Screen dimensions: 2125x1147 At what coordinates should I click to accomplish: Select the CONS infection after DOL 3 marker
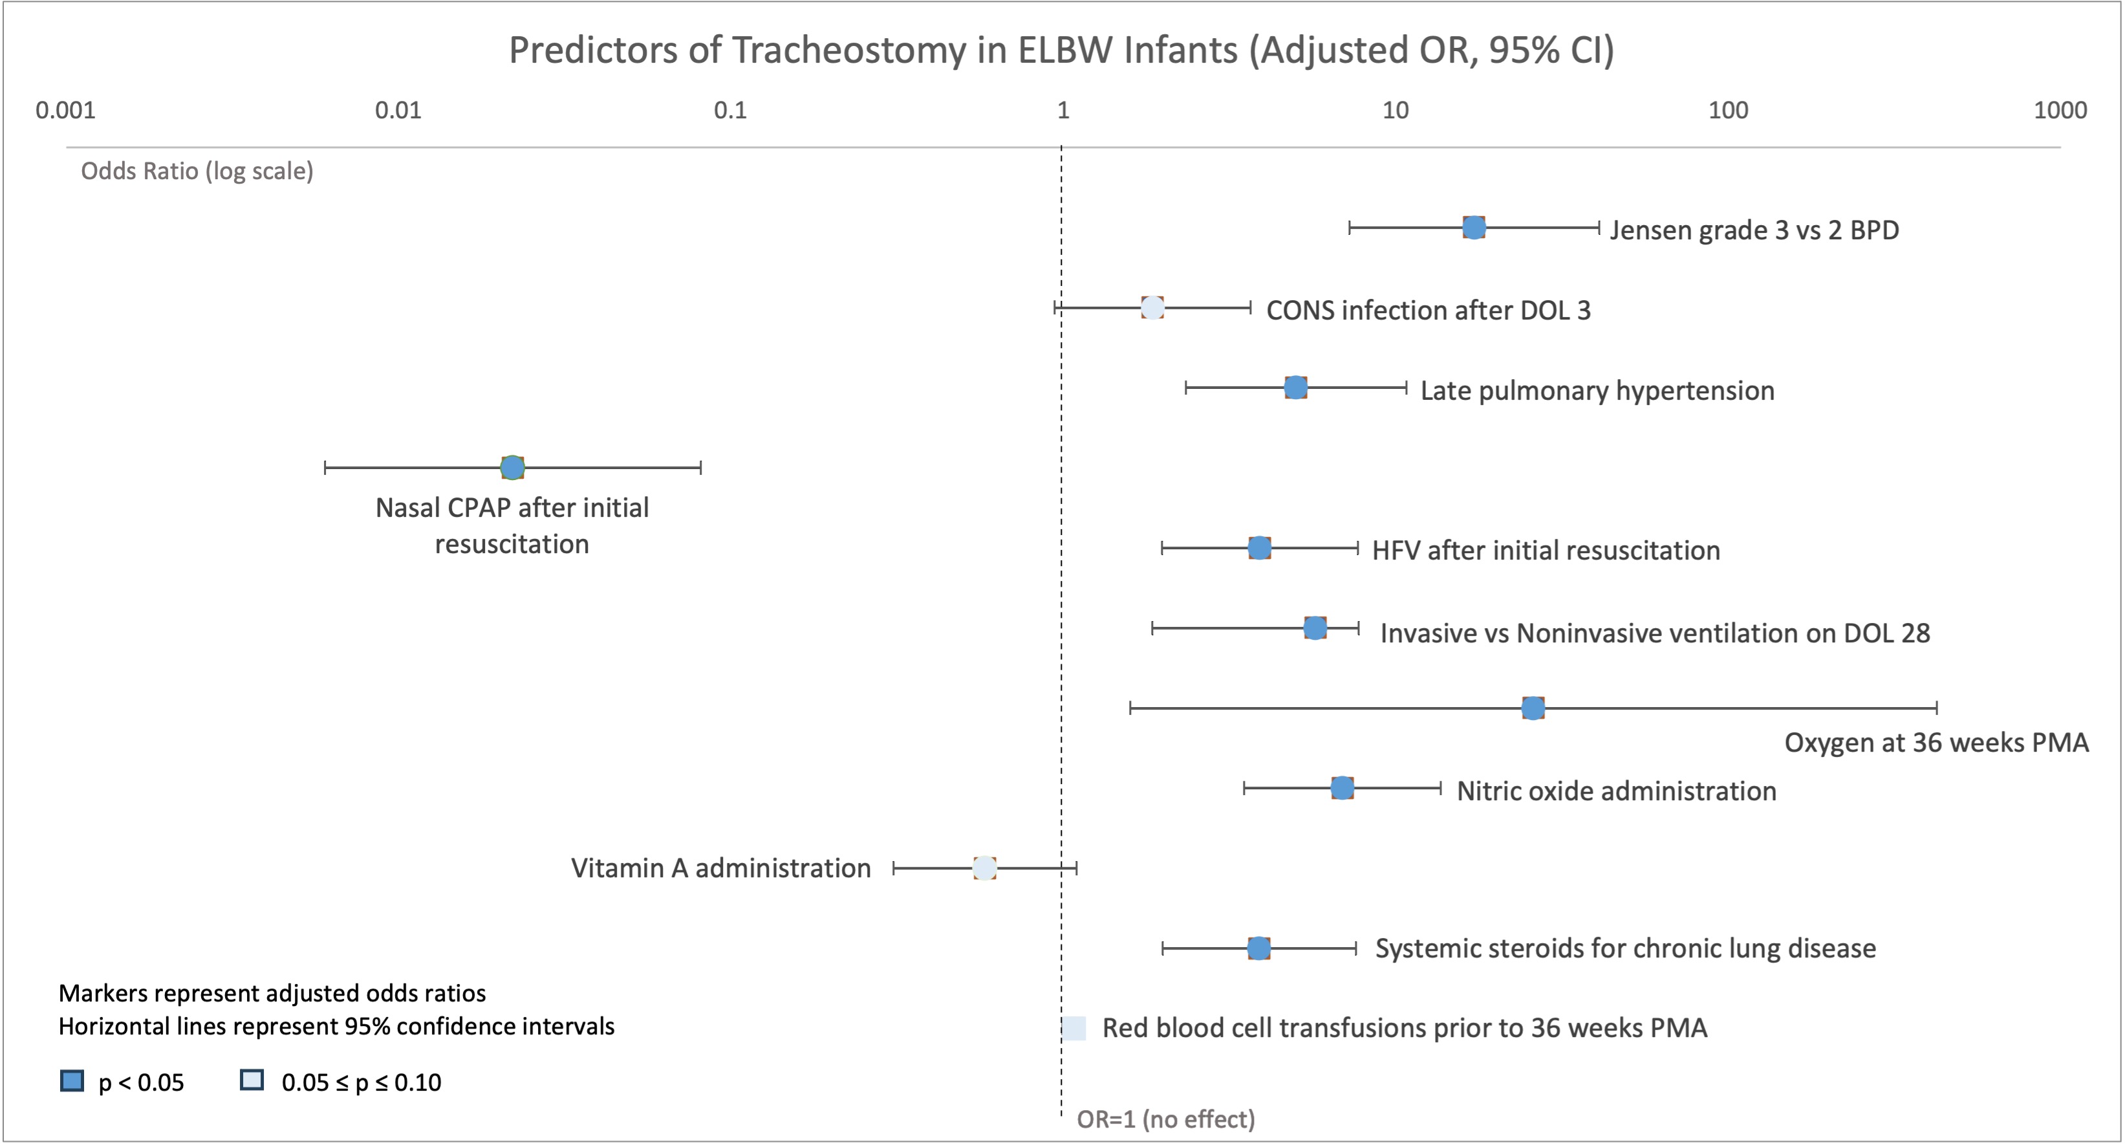point(1152,308)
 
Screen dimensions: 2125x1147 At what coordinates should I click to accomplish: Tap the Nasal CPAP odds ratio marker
point(512,468)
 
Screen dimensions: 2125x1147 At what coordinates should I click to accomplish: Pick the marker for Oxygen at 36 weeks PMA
point(1533,708)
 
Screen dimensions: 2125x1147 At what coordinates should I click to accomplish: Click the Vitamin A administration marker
point(984,868)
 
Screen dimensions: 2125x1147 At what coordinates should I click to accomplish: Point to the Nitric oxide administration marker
point(1342,788)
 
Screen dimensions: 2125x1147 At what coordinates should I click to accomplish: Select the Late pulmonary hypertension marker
point(1296,388)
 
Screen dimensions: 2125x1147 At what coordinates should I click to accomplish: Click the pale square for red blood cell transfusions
point(1074,1028)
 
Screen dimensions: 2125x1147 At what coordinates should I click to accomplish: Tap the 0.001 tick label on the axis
point(65,110)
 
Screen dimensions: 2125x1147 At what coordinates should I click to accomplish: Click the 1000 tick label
point(2060,110)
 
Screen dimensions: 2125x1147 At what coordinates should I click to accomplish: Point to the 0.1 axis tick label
point(730,110)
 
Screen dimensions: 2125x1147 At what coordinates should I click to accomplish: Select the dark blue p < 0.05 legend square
point(72,1081)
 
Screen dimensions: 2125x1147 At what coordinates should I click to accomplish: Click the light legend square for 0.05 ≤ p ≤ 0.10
point(252,1081)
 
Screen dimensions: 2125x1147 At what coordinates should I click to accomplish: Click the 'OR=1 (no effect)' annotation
point(1165,1120)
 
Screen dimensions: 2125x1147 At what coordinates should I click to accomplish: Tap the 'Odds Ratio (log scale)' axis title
point(197,171)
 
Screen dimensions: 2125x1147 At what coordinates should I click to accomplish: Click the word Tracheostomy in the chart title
point(849,50)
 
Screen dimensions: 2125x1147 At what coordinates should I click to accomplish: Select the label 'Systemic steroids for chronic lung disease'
point(1625,949)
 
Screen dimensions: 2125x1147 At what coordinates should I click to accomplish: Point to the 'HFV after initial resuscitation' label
point(1546,551)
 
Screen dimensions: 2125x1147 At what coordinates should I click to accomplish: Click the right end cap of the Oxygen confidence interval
point(1937,708)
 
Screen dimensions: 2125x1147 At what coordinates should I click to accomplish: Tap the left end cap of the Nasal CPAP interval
point(325,468)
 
